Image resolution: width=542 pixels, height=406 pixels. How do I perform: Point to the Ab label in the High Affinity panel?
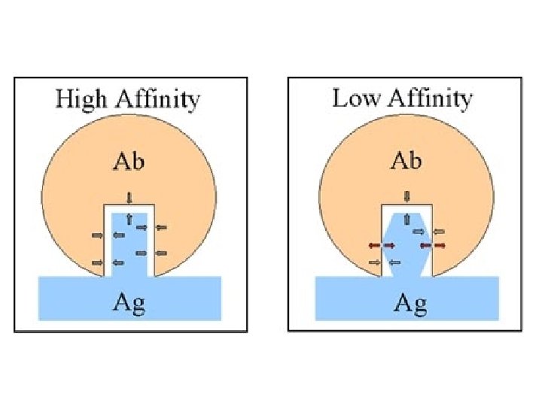click(129, 162)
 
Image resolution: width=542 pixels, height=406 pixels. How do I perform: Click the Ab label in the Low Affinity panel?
click(407, 162)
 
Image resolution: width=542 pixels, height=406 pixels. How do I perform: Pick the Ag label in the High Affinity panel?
click(129, 303)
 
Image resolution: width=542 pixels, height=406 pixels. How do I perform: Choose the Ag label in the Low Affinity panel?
click(407, 303)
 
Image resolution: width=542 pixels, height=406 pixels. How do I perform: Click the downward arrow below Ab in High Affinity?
click(129, 198)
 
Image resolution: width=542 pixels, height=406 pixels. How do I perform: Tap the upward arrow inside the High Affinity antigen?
click(129, 219)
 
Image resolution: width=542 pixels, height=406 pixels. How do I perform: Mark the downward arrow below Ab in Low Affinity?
click(407, 197)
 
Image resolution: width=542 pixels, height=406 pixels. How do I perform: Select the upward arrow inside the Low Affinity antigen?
click(407, 219)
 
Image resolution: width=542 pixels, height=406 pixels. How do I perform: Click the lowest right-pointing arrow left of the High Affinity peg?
click(97, 262)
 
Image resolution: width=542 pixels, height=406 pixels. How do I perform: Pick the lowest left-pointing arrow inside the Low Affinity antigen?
click(394, 262)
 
